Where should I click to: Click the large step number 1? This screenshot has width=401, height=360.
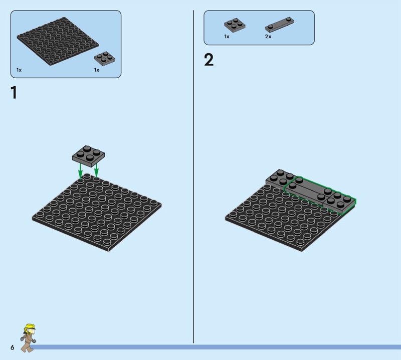tap(14, 92)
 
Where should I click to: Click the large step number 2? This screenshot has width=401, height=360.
tap(209, 60)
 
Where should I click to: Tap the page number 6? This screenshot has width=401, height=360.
tap(12, 347)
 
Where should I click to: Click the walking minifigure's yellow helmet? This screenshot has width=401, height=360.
tap(30, 327)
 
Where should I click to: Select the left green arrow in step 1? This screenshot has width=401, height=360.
tap(80, 170)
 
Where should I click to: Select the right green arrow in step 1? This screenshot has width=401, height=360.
tap(96, 170)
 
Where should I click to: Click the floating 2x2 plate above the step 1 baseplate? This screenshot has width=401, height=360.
tap(89, 156)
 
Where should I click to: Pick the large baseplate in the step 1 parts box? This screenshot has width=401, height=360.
tap(58, 41)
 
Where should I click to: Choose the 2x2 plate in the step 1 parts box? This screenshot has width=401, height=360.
tap(105, 59)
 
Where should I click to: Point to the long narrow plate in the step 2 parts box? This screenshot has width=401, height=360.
tap(280, 25)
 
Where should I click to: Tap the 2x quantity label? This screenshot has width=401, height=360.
tap(268, 37)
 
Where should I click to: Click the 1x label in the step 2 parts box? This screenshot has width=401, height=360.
tap(227, 37)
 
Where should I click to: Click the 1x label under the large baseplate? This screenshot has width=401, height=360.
tap(19, 70)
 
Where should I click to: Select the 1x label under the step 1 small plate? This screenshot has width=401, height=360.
tap(96, 70)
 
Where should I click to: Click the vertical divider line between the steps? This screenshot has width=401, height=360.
tap(193, 176)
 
